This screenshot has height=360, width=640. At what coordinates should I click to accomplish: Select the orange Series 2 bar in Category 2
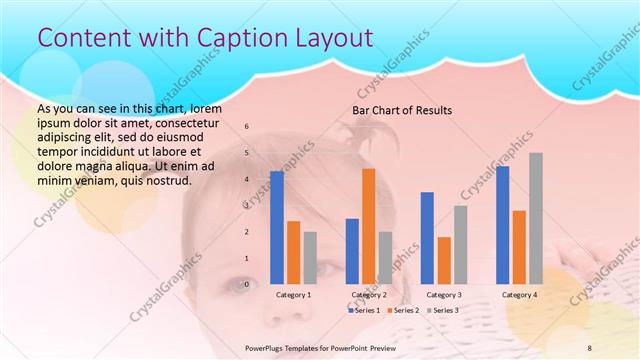pos(369,227)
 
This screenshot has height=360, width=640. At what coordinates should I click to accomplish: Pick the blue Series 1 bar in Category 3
pos(427,238)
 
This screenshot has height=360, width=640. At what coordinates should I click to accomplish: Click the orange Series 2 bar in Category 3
pos(444,261)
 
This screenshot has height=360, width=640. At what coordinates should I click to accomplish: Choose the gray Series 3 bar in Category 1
pos(311,258)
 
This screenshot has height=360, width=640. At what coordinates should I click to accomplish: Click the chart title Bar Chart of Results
pos(402,109)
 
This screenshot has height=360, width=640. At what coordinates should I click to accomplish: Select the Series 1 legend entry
pos(364,311)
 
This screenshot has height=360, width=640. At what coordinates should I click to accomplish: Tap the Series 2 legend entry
pos(403,311)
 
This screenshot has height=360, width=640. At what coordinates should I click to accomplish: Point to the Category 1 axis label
pos(293,295)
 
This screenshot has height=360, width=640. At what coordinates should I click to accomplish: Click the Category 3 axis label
pos(444,295)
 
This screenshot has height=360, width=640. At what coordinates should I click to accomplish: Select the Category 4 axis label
pos(519,295)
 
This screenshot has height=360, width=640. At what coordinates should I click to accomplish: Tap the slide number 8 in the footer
pos(589,346)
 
